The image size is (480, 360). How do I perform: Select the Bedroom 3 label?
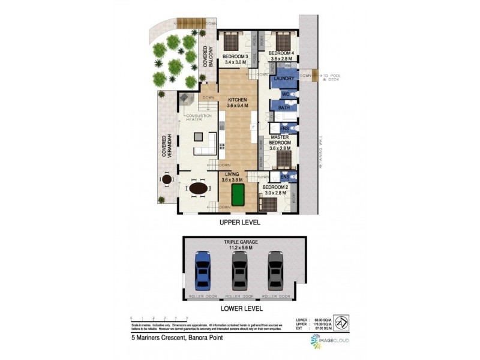(x=235, y=58)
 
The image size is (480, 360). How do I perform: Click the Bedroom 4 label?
(x=281, y=56)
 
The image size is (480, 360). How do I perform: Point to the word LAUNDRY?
(x=282, y=79)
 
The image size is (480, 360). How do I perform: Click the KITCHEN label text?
(x=238, y=102)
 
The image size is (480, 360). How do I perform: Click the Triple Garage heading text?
(x=240, y=243)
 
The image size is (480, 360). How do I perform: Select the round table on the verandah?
(x=166, y=179)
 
